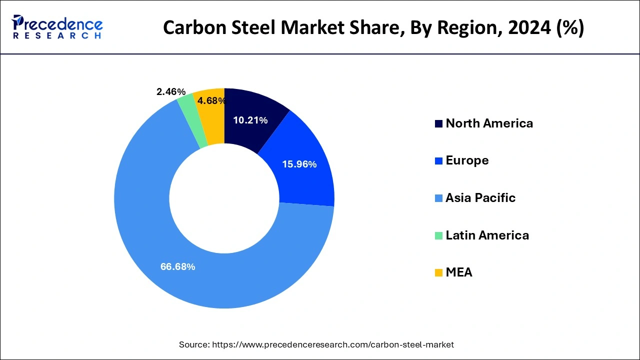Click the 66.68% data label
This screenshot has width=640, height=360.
point(177,267)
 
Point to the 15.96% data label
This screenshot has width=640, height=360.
point(299,164)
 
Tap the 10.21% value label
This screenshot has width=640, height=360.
point(250,120)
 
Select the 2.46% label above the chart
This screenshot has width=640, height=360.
point(171,92)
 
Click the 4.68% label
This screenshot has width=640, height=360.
point(211,101)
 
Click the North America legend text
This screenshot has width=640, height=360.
point(489,123)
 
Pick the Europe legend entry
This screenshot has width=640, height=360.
point(467,160)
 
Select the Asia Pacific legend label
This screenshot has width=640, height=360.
point(480,198)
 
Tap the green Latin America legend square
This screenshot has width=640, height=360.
point(438,235)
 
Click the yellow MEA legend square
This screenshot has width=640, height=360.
point(438,273)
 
